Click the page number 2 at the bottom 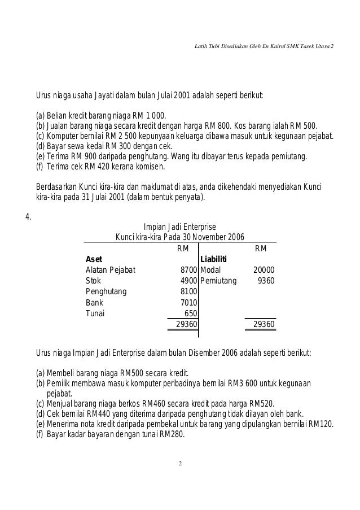[180, 464]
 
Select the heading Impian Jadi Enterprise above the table [180, 226]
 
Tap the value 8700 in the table [188, 270]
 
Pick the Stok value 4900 [188, 280]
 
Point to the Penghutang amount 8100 [188, 291]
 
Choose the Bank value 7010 [188, 302]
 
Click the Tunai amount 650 [190, 313]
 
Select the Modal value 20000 [264, 270]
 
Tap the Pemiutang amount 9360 [266, 280]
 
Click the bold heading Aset [94, 259]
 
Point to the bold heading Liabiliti [214, 259]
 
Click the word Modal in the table [210, 270]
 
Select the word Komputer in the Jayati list [63, 136]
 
